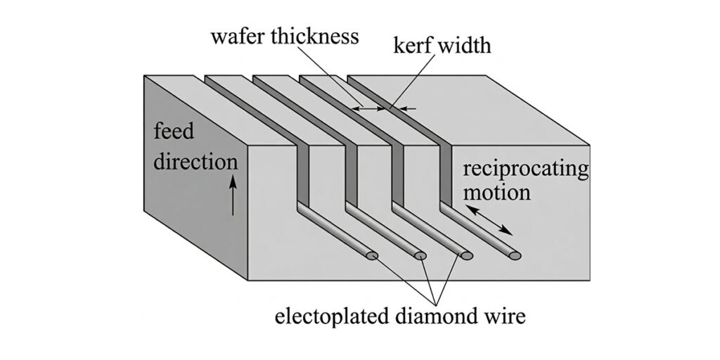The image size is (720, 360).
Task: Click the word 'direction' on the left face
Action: click(196, 162)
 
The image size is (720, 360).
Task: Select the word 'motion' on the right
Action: click(496, 192)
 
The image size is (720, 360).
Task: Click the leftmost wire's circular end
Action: click(373, 255)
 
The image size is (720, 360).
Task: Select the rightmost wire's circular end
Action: click(516, 255)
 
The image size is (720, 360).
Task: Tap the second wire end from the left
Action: click(420, 255)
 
